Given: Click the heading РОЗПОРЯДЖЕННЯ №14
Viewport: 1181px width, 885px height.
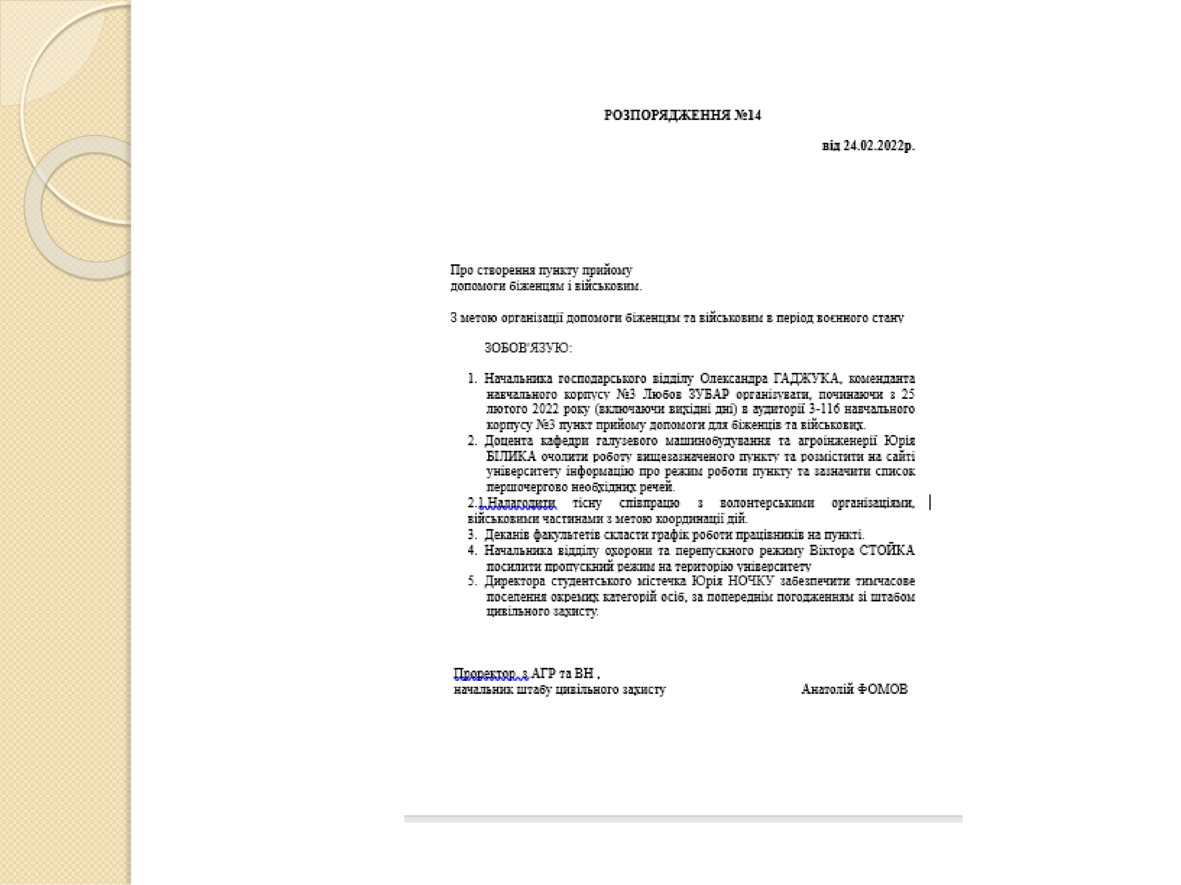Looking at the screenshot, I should tap(682, 115).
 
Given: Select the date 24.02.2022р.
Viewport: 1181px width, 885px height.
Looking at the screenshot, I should tap(878, 146).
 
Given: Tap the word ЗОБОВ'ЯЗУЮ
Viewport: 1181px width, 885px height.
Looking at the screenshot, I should tap(527, 348).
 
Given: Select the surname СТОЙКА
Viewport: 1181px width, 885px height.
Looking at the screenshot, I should tap(887, 550).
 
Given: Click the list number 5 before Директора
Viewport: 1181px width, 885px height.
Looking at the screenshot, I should tap(471, 581).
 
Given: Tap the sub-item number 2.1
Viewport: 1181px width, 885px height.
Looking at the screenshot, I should tap(475, 503).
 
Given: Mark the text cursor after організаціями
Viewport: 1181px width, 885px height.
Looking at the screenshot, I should tap(930, 502).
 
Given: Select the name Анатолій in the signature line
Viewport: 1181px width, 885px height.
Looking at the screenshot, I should tap(827, 689).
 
